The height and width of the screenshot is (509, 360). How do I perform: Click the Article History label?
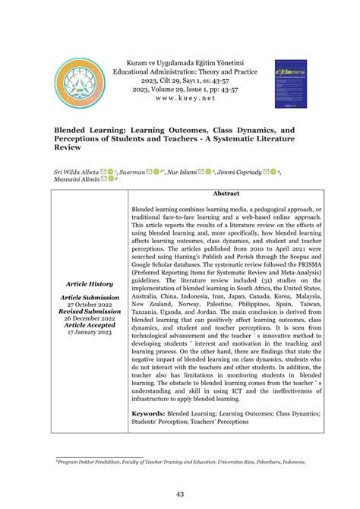point(90,283)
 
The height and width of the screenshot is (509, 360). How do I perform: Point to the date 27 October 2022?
point(90,304)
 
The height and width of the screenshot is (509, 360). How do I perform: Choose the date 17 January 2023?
point(90,331)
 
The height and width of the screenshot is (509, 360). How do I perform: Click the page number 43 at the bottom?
point(180,495)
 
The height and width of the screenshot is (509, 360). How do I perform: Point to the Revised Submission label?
point(90,311)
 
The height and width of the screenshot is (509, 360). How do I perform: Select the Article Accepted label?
point(90,324)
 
